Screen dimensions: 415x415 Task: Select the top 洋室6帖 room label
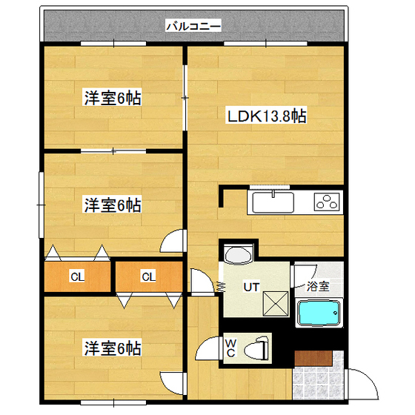pos(112,98)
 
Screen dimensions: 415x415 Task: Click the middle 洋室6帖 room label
pos(112,205)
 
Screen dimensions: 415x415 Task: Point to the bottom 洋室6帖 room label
pos(112,348)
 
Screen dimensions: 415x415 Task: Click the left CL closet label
pos(76,278)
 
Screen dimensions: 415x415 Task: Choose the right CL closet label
pos(148,278)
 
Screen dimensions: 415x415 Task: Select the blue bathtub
pos(319,313)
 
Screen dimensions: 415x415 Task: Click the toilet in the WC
pos(257,347)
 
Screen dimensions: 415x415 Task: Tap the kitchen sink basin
pos(275,202)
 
